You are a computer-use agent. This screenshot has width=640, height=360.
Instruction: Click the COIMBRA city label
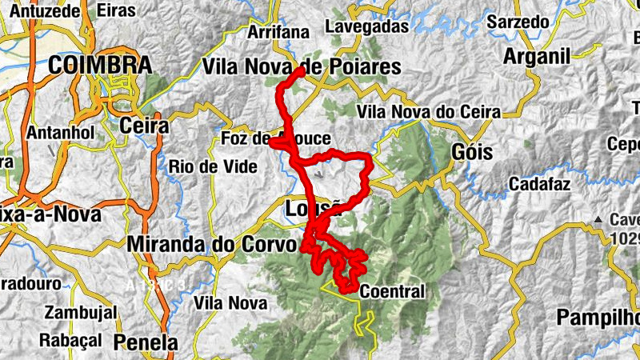coord(100,66)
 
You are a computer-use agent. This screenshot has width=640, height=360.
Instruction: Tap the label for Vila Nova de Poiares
coord(302,67)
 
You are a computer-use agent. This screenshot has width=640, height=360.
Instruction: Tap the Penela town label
coord(146,342)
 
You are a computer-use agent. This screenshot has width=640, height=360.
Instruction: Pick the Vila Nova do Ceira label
coord(430,111)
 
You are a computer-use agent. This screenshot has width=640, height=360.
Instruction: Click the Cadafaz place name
coord(540,185)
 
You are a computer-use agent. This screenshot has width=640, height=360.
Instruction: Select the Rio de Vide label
coord(213,166)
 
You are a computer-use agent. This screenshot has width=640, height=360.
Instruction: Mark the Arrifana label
coord(278,32)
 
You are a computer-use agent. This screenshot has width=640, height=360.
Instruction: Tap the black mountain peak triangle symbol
coord(597,218)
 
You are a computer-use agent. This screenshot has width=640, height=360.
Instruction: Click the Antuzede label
coord(40,11)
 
